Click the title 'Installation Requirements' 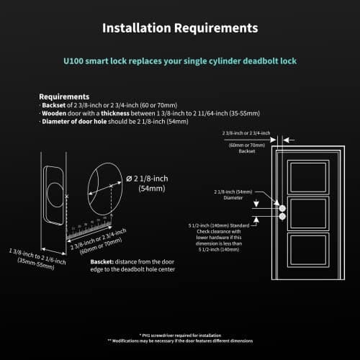tap(179, 29)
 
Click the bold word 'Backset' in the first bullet tap(54, 105)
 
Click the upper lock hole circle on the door tap(282, 207)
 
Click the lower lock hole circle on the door tap(282, 215)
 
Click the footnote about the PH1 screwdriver tap(179, 335)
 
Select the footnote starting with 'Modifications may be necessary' tap(179, 341)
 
